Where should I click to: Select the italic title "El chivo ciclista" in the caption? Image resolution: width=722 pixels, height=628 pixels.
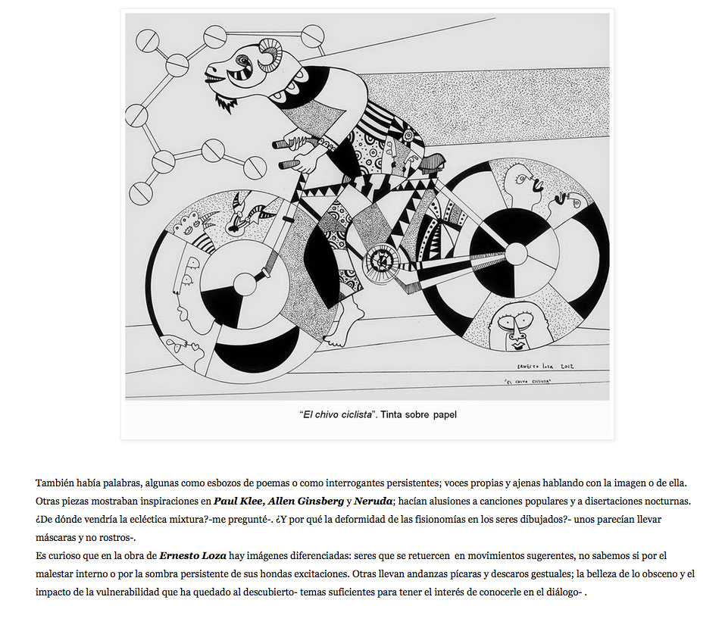(x=334, y=414)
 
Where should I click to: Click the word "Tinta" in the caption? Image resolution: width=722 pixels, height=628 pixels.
(x=392, y=414)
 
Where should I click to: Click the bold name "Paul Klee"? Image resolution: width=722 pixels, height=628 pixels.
(x=237, y=501)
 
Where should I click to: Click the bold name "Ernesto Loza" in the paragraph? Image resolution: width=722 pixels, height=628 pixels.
(x=192, y=556)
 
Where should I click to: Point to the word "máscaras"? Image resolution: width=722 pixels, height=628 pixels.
(x=58, y=538)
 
